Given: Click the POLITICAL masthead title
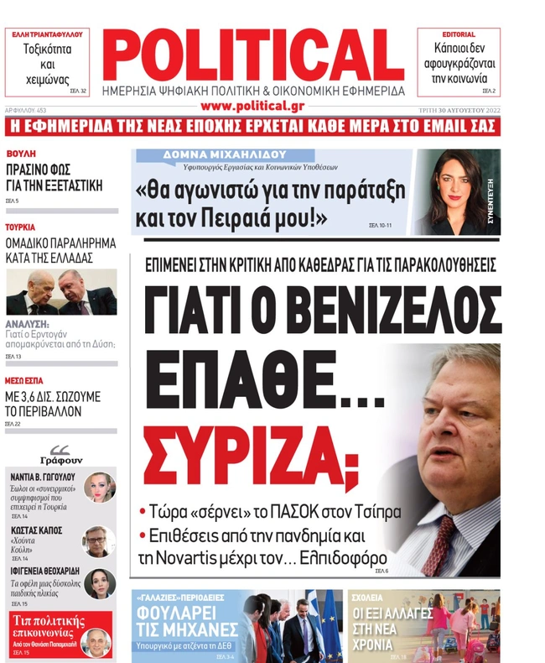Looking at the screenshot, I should click(x=253, y=52).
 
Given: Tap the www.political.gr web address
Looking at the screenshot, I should click(x=252, y=106).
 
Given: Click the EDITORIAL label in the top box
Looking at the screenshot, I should click(x=459, y=34).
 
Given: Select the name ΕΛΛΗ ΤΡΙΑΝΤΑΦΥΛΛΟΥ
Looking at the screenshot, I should click(x=47, y=34).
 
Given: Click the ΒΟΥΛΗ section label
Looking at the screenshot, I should click(x=20, y=154).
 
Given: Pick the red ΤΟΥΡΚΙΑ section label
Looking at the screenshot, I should click(x=20, y=227).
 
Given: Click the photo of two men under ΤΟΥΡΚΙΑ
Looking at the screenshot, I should click(x=61, y=292).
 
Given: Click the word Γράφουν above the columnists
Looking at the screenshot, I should click(x=61, y=460).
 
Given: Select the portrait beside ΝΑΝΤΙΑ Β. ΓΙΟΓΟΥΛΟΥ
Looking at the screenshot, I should click(x=99, y=487).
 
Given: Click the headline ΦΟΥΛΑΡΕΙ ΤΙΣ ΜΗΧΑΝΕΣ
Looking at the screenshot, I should click(x=178, y=619).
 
